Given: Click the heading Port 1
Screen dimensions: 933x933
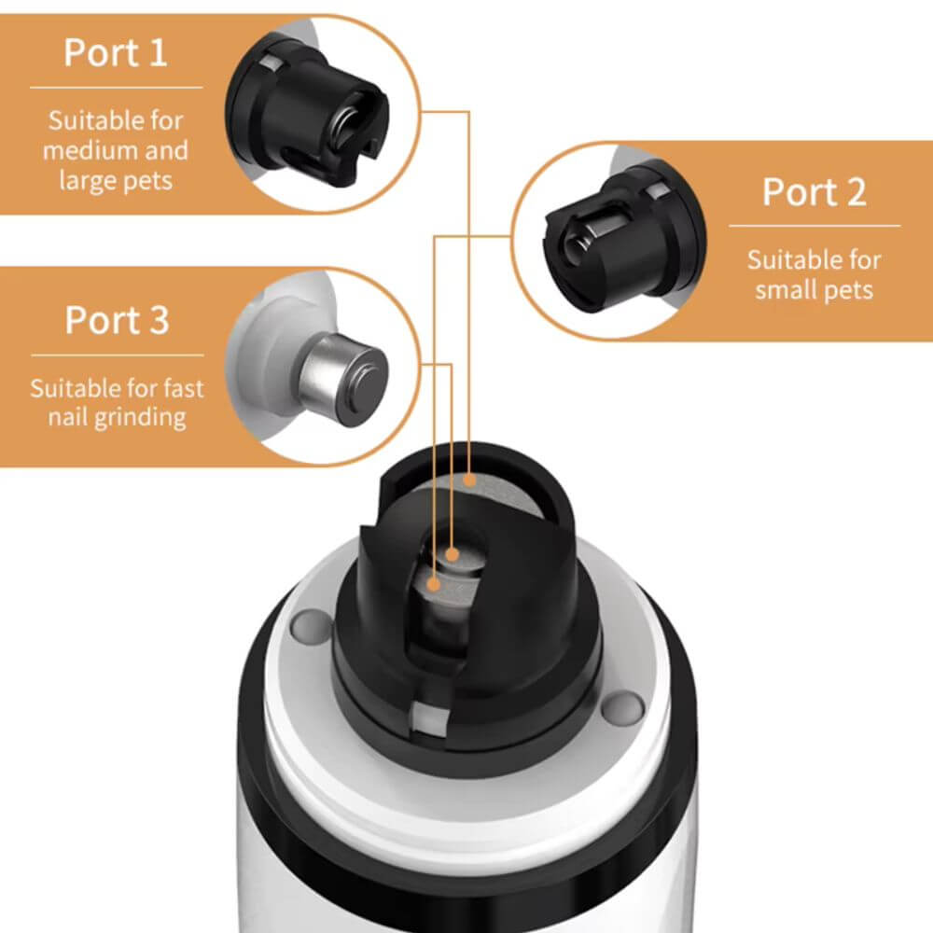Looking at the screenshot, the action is pyautogui.click(x=116, y=53).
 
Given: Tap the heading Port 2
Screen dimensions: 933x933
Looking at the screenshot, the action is pyautogui.click(x=814, y=192).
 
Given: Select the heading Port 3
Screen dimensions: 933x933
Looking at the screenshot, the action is pyautogui.click(x=118, y=321).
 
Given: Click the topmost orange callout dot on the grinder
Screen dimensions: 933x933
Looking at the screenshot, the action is pyautogui.click(x=470, y=480).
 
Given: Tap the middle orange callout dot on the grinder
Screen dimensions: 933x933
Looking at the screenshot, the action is pyautogui.click(x=453, y=555).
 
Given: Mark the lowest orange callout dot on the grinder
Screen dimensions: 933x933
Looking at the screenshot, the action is pyautogui.click(x=434, y=585).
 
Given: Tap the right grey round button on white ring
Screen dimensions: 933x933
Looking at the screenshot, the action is pyautogui.click(x=622, y=706).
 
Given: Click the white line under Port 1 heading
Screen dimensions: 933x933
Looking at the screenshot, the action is pyautogui.click(x=117, y=88).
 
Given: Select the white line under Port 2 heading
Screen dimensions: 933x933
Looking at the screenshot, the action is pyautogui.click(x=815, y=226).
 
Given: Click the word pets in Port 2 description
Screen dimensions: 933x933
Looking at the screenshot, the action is pyautogui.click(x=848, y=291).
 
